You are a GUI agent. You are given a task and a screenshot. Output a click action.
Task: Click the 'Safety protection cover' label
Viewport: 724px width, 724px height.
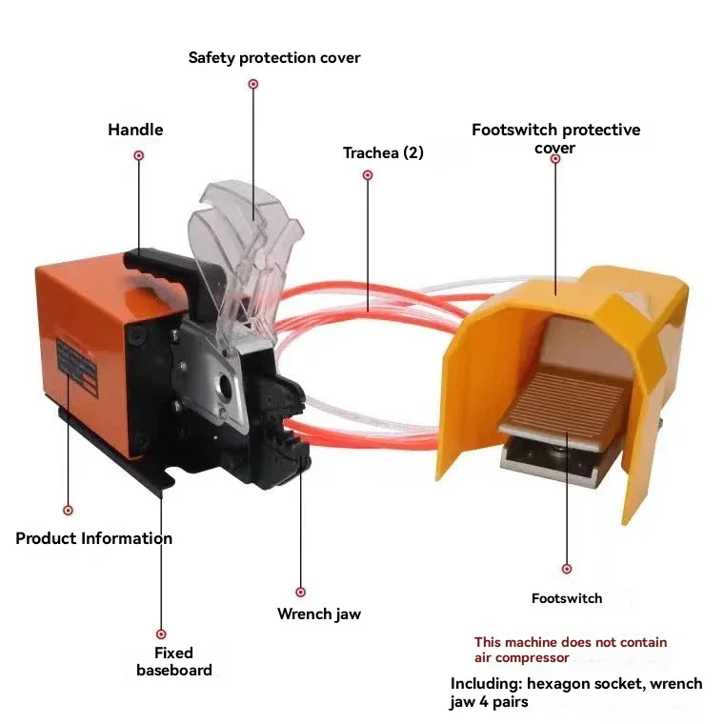click(274, 58)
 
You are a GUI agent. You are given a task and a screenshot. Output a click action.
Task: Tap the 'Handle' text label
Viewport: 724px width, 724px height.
click(135, 130)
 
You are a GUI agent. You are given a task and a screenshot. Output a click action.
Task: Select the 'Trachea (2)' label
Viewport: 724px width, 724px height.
click(383, 152)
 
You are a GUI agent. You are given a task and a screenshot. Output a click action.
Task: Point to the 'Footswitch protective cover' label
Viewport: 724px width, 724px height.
click(555, 138)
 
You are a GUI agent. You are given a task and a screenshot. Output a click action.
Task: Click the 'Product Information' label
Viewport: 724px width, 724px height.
click(93, 538)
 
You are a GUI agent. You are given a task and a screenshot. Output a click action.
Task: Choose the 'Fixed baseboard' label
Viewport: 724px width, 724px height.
click(174, 661)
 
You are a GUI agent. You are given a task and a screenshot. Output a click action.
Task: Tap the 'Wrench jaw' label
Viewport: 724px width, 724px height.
click(319, 614)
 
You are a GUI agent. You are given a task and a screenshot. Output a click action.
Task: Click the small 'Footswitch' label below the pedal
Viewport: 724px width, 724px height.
click(567, 598)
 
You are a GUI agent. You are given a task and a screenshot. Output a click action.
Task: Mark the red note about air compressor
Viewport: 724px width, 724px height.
click(571, 650)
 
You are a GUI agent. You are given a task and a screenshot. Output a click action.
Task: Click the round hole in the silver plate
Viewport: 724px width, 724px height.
click(227, 384)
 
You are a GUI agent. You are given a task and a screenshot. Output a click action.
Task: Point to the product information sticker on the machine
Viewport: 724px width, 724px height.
click(77, 368)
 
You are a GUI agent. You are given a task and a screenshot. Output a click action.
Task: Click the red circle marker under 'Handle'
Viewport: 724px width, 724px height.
click(138, 155)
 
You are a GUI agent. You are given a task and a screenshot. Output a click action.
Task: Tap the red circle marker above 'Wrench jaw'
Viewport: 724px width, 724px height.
click(301, 592)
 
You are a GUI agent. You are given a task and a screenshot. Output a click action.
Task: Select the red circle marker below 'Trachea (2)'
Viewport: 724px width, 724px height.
click(368, 175)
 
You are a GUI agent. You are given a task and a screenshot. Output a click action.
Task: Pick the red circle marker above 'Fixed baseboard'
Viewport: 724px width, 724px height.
click(161, 633)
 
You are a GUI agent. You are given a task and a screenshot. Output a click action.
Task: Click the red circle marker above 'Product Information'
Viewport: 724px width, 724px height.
click(68, 511)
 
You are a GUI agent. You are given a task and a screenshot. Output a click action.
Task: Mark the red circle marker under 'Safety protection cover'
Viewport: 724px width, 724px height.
click(253, 84)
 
